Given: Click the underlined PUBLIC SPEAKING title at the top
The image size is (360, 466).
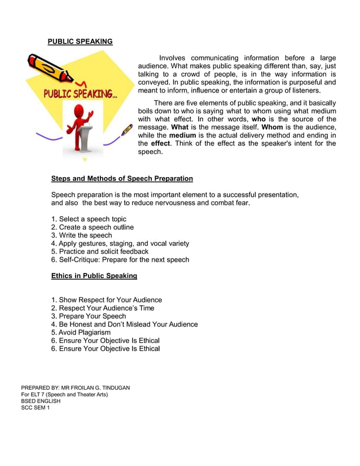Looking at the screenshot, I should [x=80, y=42].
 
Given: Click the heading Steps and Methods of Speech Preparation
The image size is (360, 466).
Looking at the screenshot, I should [x=122, y=179].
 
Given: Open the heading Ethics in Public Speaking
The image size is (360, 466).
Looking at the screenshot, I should [x=94, y=276].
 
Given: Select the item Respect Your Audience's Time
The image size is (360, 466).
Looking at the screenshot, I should [x=103, y=308].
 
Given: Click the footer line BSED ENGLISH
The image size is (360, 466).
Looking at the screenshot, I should [x=41, y=401].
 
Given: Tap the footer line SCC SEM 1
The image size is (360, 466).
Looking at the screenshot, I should [x=35, y=408].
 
